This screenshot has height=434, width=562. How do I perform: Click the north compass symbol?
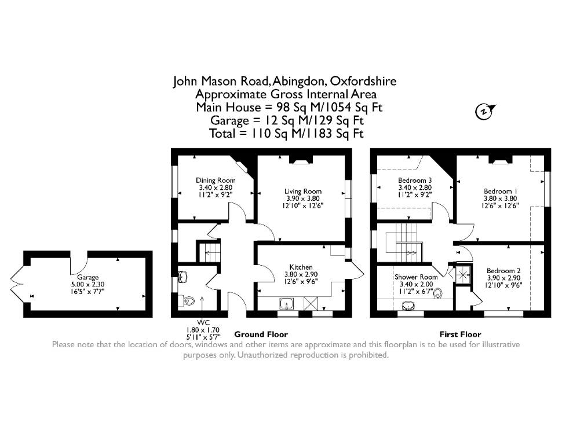pos(484,111)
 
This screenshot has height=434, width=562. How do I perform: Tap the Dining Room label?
pos(216,181)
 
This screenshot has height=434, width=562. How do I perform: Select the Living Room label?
pos(303,192)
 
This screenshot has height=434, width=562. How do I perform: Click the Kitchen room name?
pos(301,267)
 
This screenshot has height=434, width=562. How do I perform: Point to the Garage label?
pos(88,277)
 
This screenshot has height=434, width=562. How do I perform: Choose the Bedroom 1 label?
pos(500,192)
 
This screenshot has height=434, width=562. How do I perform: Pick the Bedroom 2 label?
pos(503,271)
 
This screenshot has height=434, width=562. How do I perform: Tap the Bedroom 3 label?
pos(415,181)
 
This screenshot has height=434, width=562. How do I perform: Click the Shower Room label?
pos(416,277)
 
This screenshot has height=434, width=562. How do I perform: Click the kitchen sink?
pos(287,304)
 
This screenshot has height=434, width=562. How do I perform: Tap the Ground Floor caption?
pos(261,334)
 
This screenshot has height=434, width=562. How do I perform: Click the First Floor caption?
pos(460,334)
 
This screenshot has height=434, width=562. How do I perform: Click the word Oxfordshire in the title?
pos(363,81)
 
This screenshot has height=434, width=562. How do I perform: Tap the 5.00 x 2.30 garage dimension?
pos(88,284)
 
